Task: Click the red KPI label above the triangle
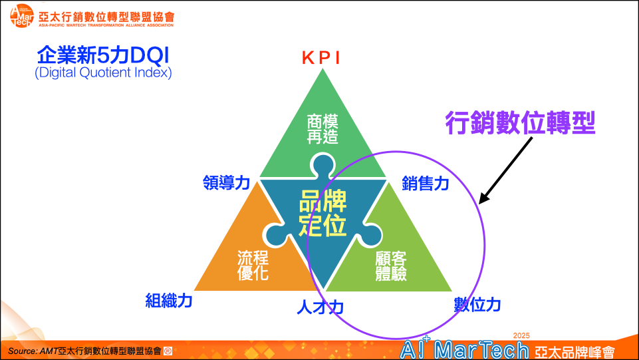320,58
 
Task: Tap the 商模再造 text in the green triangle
322,129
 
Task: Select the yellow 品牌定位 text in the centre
322,213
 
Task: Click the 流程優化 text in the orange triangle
253,266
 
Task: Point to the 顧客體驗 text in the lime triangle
391,266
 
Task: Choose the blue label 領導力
226,182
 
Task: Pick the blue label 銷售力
426,184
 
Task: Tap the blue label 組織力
169,301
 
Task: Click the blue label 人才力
320,307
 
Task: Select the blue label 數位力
477,305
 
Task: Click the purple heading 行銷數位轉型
520,122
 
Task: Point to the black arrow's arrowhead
483,198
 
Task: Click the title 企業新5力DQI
102,55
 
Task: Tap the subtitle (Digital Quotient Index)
103,73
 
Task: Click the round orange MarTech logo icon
21,17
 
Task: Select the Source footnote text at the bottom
84,351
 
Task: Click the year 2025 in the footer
521,335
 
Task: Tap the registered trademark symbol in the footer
168,351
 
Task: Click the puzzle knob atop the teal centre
322,166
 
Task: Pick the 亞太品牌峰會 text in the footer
575,352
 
